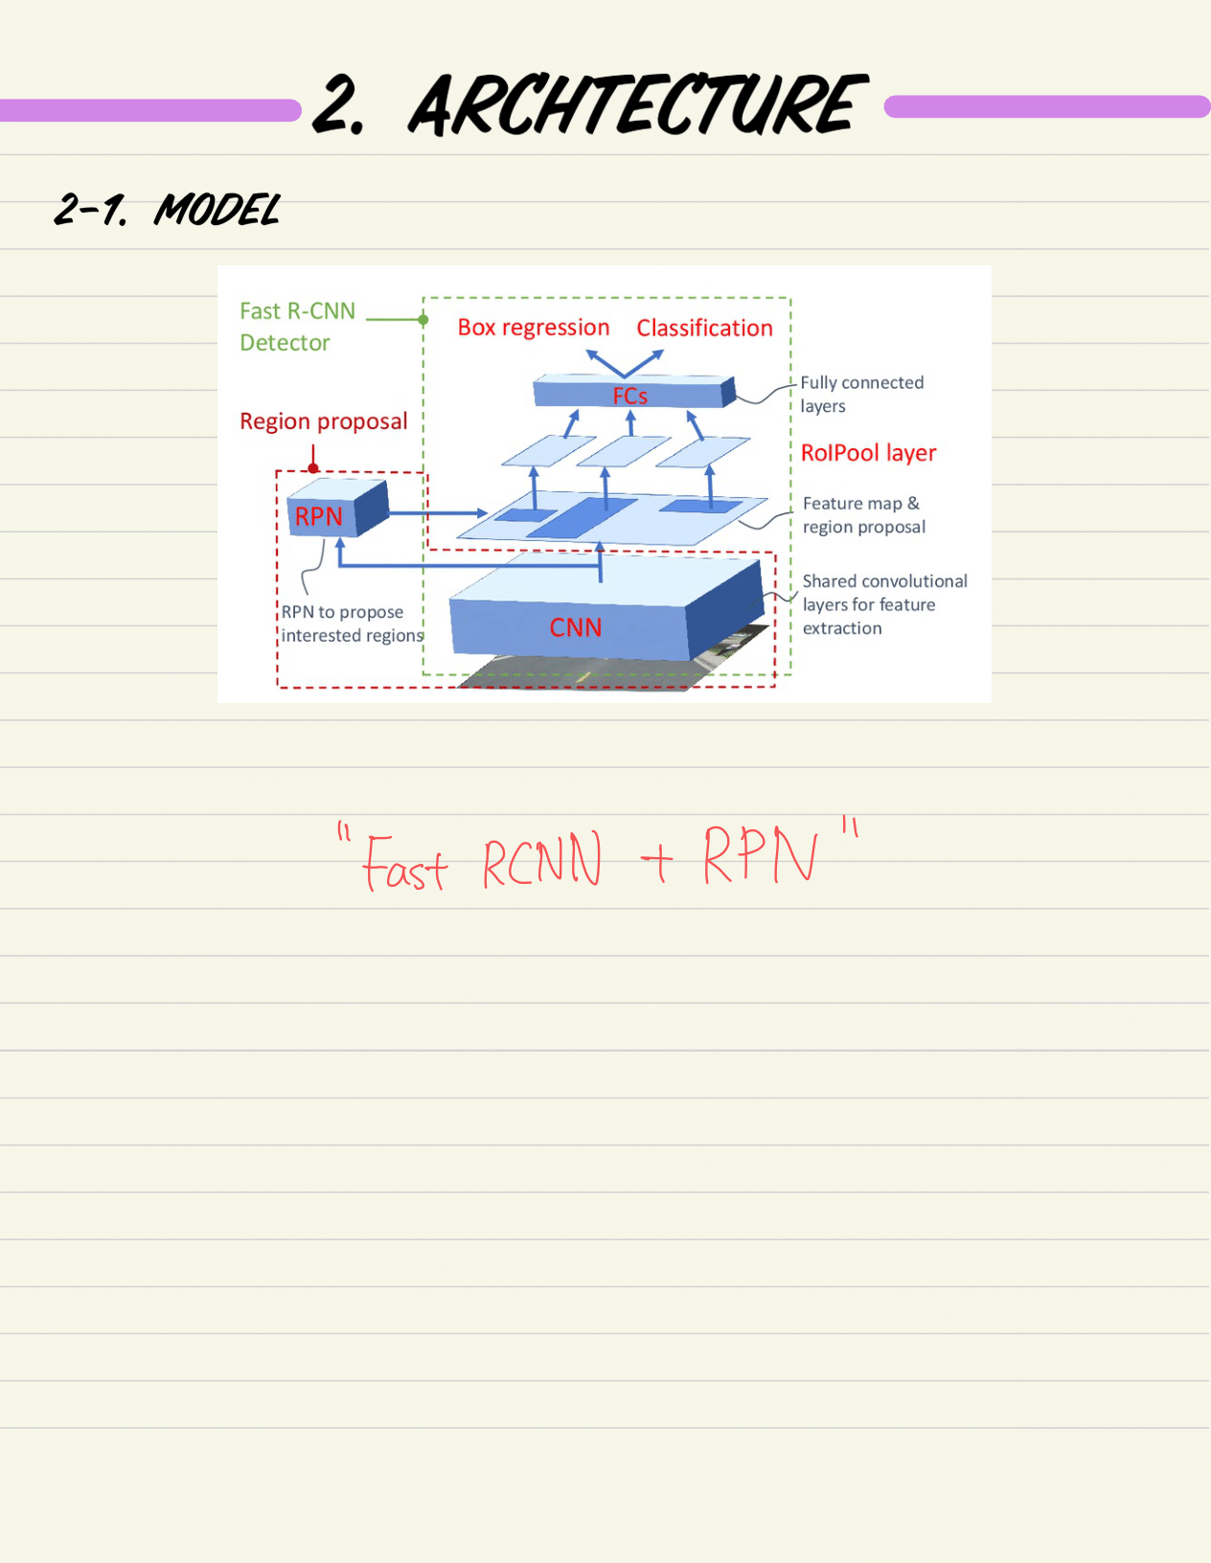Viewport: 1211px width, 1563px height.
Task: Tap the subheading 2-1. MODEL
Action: point(167,210)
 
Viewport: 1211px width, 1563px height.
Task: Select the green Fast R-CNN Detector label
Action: point(296,327)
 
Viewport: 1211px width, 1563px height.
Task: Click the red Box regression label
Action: point(533,328)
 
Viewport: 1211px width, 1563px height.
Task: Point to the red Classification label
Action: point(704,328)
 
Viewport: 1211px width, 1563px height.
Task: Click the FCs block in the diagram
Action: point(629,395)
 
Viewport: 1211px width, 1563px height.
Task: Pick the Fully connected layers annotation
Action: point(861,394)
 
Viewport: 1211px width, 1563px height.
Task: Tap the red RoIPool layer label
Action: point(868,453)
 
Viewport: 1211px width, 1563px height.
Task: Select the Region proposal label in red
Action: point(323,421)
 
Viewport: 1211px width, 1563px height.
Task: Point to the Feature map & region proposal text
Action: point(863,515)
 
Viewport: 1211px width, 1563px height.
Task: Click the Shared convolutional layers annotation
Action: point(883,604)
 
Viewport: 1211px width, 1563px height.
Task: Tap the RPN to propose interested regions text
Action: point(351,623)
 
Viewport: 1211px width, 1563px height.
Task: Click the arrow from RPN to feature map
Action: point(441,513)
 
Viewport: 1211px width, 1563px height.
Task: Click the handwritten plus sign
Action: point(656,863)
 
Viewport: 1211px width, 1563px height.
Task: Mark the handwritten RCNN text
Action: point(541,860)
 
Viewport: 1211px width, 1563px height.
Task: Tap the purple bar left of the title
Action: point(149,110)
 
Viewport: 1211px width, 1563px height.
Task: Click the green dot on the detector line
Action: point(423,320)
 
